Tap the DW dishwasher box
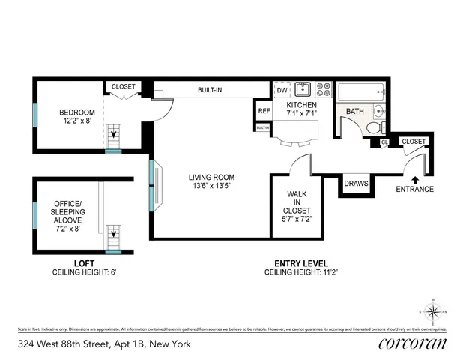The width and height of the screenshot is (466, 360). (282, 91)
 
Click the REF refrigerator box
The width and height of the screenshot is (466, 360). (264, 111)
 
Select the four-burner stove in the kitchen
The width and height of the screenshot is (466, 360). (324, 89)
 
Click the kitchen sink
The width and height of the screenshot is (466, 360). (303, 88)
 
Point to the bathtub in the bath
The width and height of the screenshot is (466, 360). (361, 92)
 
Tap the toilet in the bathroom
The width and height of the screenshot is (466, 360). (372, 127)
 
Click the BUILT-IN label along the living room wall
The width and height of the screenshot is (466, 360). (210, 90)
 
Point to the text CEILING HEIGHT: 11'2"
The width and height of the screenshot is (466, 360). (297, 273)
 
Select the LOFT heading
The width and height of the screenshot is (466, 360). (83, 263)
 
